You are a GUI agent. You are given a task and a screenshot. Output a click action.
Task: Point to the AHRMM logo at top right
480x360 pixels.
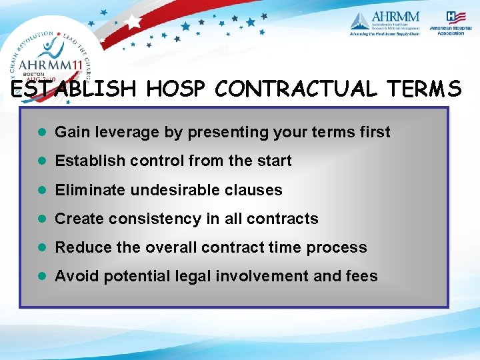(385, 23)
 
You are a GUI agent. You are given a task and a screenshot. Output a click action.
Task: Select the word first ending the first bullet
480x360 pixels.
(373, 132)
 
